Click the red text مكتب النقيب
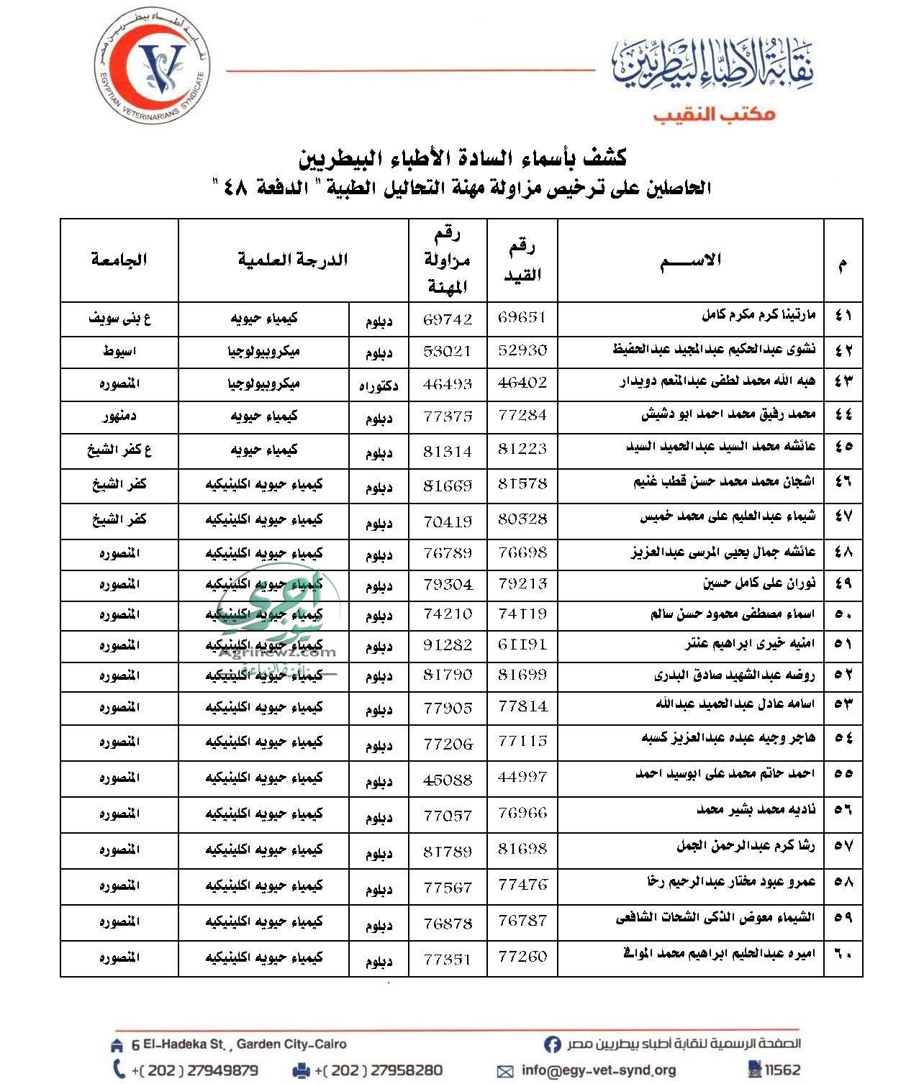(x=714, y=114)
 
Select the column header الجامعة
(x=119, y=260)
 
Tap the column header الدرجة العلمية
(x=293, y=260)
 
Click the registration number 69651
(x=522, y=317)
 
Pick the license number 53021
(x=448, y=351)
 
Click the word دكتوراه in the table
(x=379, y=386)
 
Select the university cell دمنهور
(x=119, y=416)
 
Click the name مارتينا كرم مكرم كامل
(x=758, y=316)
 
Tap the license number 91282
(x=448, y=645)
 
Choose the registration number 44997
(x=522, y=777)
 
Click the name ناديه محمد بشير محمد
(x=756, y=810)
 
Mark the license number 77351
(x=448, y=959)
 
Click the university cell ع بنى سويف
(x=119, y=317)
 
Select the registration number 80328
(x=522, y=519)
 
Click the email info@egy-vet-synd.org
(x=598, y=1070)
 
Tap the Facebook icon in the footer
(x=552, y=1044)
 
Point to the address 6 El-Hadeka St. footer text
(x=239, y=1044)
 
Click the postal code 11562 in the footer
(x=782, y=1070)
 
